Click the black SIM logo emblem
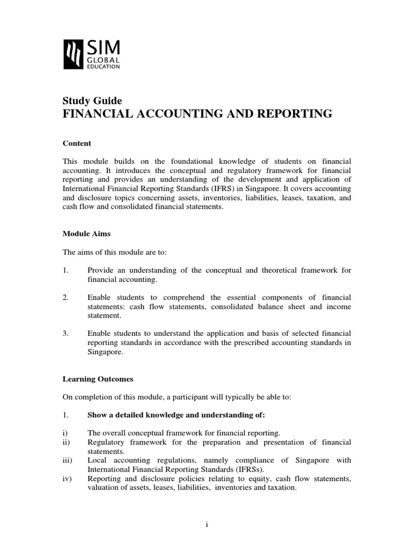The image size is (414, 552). tap(74, 54)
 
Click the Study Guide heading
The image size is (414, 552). tap(92, 101)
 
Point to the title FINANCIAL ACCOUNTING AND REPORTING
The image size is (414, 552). tap(198, 114)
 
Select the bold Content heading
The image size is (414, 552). tap(77, 143)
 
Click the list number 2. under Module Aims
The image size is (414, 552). tap(66, 298)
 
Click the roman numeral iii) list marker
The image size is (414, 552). tap(68, 460)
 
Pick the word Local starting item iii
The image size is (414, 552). tap(97, 460)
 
